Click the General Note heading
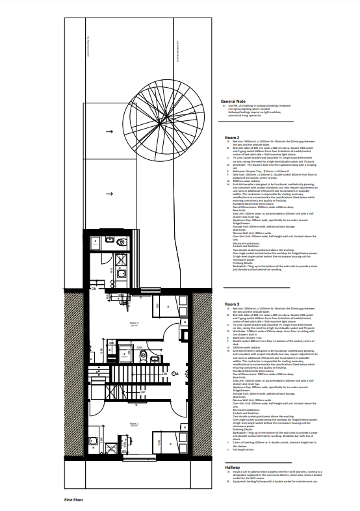(233, 102)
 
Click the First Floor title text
(76, 499)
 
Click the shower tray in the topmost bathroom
(94, 244)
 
